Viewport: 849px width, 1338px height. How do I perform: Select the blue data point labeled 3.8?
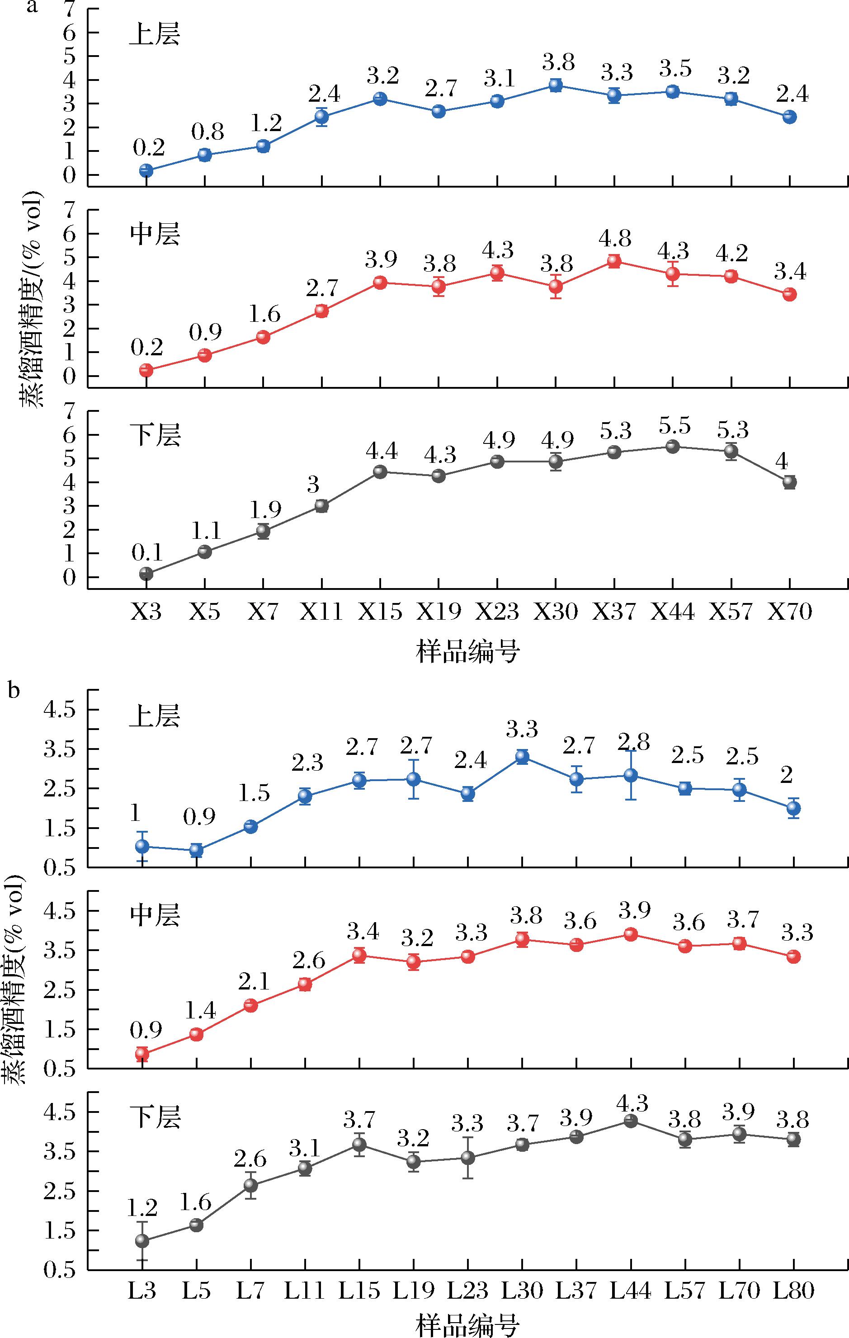pos(556,85)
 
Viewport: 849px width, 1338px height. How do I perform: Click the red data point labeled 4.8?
pos(614,261)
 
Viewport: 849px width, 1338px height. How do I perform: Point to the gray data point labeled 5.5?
pos(673,447)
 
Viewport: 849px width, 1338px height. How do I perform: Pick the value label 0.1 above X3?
pos(146,553)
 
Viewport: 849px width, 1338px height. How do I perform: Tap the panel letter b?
pos(15,691)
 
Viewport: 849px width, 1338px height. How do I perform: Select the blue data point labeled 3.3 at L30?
pos(522,756)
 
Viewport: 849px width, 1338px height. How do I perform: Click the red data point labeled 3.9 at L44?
pos(631,934)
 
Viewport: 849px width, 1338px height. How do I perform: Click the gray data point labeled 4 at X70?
pos(789,482)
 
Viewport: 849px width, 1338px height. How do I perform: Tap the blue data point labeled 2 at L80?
pos(793,808)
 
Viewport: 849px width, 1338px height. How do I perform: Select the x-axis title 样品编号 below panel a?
pos(467,652)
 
